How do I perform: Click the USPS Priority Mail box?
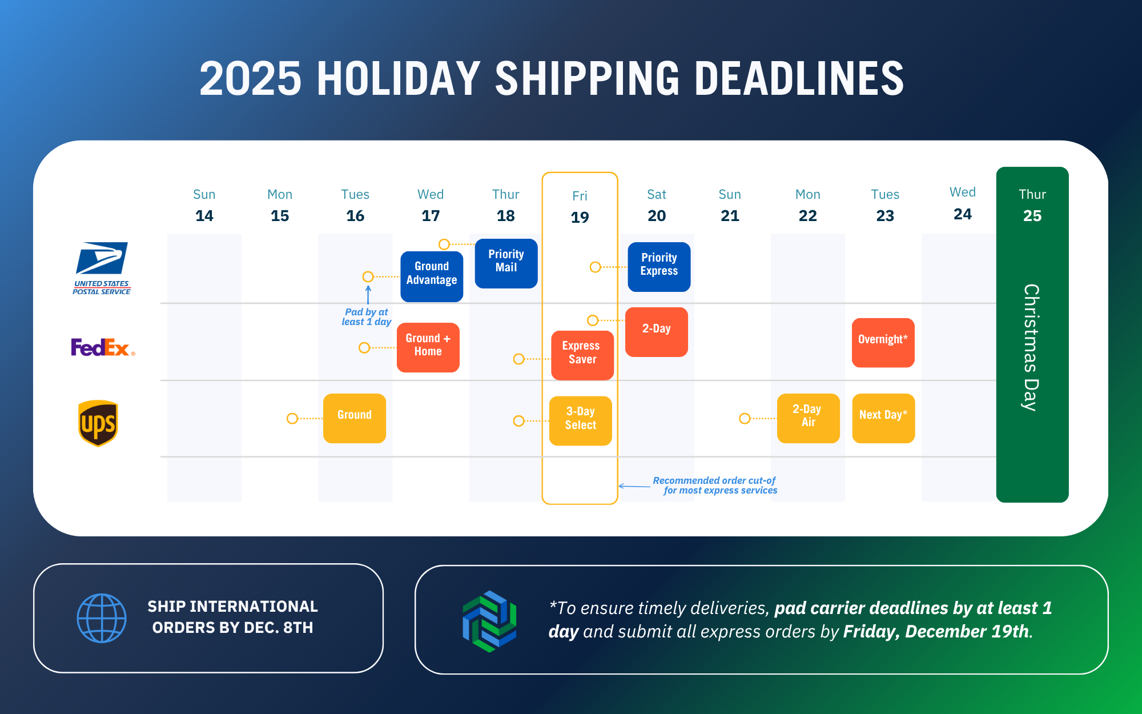(506, 263)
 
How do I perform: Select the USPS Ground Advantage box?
(432, 276)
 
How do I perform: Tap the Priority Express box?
(659, 267)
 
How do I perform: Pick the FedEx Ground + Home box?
(428, 347)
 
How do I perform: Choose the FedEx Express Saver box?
(582, 355)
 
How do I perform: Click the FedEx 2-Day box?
(657, 332)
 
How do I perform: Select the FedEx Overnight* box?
(883, 343)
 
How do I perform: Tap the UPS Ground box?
(355, 418)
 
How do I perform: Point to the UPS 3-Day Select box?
(581, 421)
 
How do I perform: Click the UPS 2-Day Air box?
(809, 418)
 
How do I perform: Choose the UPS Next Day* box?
(883, 418)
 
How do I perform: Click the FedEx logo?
(103, 347)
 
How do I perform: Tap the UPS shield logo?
(98, 423)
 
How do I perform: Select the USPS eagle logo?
(102, 258)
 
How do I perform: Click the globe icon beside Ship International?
(102, 618)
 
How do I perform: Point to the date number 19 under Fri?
(580, 218)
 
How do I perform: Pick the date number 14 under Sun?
(204, 216)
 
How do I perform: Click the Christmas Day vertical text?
(1031, 347)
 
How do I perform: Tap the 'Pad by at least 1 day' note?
(367, 317)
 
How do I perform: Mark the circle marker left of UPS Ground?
(292, 419)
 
